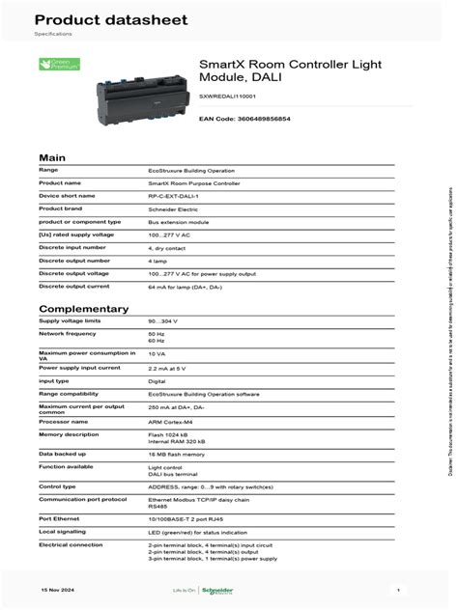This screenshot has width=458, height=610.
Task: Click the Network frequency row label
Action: click(67, 332)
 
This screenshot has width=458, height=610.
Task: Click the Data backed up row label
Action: click(63, 453)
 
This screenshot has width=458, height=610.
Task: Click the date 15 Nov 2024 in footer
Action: click(57, 588)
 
